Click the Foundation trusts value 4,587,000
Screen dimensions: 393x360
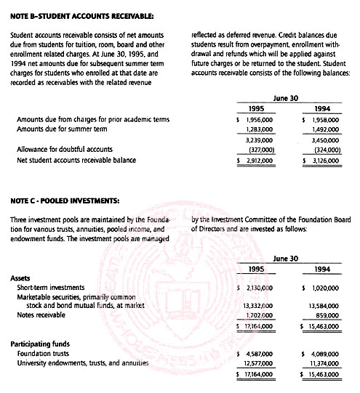256,354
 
